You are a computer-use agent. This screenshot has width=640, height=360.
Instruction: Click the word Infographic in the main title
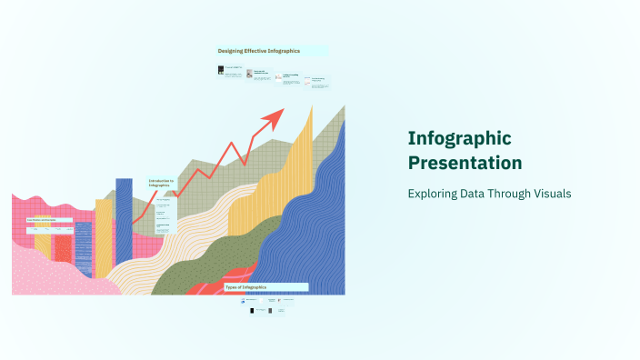[459, 139]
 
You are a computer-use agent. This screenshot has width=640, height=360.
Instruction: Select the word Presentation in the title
[465, 164]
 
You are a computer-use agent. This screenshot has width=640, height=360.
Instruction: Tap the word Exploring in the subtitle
[434, 195]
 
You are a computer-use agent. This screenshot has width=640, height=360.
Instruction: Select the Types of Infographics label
[246, 287]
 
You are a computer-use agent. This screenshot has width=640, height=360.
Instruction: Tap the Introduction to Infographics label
[161, 183]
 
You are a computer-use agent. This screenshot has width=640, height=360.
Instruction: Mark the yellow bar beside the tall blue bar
[104, 236]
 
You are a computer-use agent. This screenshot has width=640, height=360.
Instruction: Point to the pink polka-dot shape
[55, 273]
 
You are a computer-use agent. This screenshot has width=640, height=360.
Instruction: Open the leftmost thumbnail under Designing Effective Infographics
[221, 70]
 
